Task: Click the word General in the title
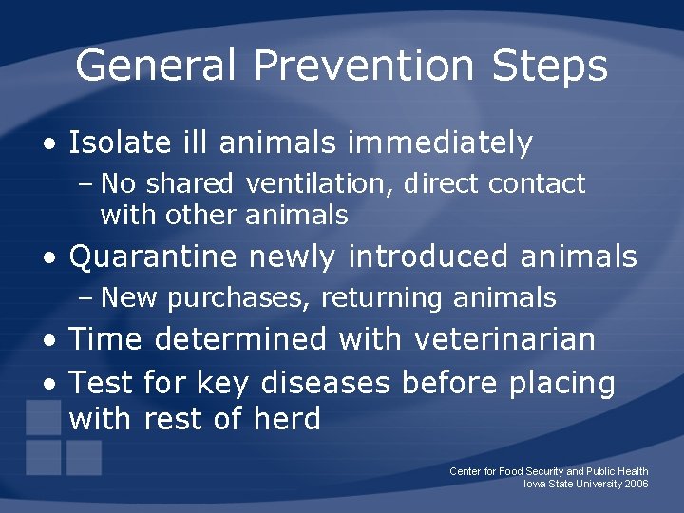click(156, 66)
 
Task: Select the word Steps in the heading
click(550, 66)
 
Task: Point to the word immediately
click(440, 143)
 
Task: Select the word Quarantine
click(153, 256)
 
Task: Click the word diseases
click(326, 383)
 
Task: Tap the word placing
click(562, 384)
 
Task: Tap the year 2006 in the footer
click(636, 484)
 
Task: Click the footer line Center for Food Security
click(548, 471)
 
